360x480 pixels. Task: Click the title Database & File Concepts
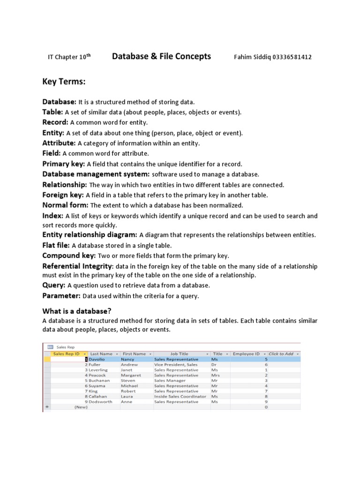[x=161, y=57]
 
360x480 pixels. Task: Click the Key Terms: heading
[x=64, y=82]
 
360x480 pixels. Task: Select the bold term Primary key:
[x=64, y=164]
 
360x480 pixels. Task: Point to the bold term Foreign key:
[x=63, y=195]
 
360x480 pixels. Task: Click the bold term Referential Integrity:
[x=78, y=266]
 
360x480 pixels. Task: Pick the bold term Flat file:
[x=56, y=245]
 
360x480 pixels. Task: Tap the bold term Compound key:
[x=69, y=255]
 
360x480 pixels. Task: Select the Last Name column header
[x=101, y=354]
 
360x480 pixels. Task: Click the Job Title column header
[x=179, y=354]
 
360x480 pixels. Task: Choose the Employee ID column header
[x=246, y=354]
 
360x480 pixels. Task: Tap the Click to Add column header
[x=281, y=354]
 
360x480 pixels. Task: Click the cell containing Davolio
[x=97, y=359]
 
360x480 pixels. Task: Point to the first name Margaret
[x=131, y=375]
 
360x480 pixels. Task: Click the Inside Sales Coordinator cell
[x=180, y=396]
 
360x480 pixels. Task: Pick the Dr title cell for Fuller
[x=214, y=364]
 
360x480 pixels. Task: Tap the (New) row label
[x=81, y=407]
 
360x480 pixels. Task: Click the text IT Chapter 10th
[x=69, y=57]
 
